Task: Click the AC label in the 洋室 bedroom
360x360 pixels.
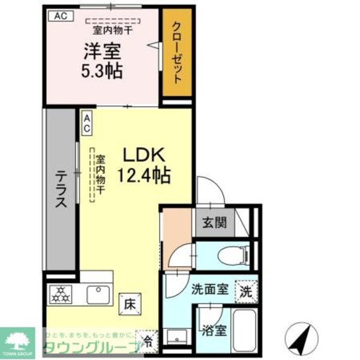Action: click(x=59, y=16)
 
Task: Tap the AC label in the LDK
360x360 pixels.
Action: click(x=87, y=123)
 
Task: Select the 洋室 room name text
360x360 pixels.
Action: click(x=102, y=51)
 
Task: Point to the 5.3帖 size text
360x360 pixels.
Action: click(x=102, y=71)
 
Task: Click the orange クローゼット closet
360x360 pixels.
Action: click(x=177, y=52)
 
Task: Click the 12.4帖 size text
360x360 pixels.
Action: click(x=144, y=176)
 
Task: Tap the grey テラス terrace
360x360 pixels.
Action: click(x=61, y=189)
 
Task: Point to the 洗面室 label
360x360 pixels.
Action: click(x=209, y=290)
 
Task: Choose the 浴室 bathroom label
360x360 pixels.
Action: click(x=214, y=329)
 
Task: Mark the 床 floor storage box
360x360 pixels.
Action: click(x=130, y=304)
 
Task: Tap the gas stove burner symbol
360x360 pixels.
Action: click(x=61, y=295)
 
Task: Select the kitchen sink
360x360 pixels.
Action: click(x=98, y=295)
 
